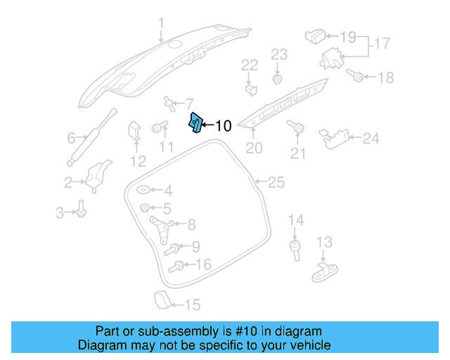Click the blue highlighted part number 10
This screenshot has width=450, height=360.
[195, 123]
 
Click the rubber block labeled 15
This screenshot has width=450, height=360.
[161, 300]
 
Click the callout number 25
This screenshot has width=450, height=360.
[276, 183]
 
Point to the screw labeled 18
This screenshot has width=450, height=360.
[356, 77]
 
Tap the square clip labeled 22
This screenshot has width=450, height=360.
[250, 89]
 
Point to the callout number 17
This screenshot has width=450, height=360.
[382, 44]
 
